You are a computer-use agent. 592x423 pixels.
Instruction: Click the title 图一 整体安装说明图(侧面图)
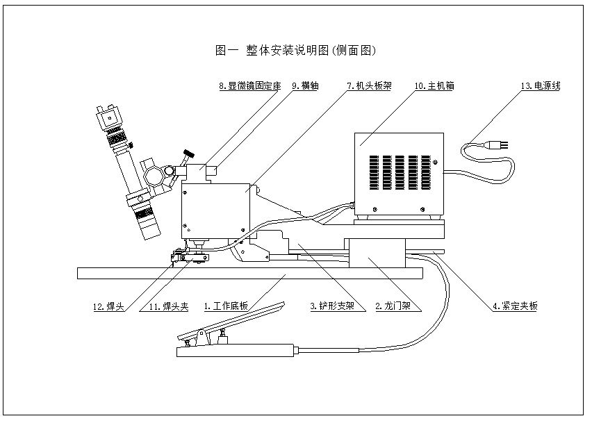pos(296,51)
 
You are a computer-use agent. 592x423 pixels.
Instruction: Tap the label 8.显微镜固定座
pos(249,86)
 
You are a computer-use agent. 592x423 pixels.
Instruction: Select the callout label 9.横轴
pos(305,86)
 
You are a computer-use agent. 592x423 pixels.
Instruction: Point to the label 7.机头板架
pos(369,86)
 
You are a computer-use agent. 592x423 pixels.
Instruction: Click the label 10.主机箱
pos(434,86)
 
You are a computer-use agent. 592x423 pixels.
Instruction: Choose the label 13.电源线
pos(540,86)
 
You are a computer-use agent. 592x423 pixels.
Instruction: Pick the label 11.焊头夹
pos(170,306)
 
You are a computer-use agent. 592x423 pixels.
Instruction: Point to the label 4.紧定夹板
pos(515,306)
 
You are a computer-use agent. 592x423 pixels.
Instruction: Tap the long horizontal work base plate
pos(250,274)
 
